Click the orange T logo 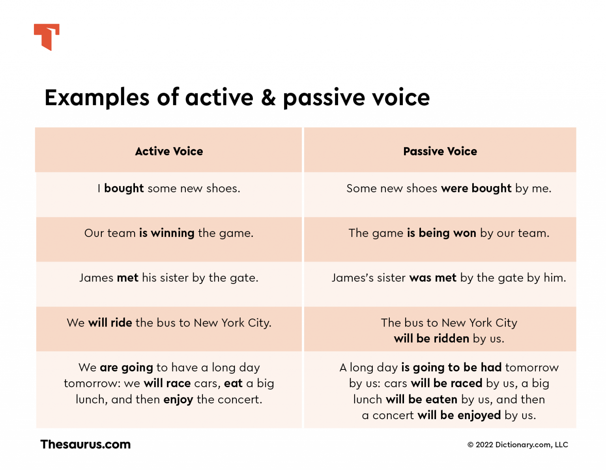click(x=47, y=37)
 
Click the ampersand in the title click(x=268, y=97)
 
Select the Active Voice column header click(x=169, y=151)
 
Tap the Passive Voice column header click(x=440, y=151)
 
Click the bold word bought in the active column click(x=124, y=188)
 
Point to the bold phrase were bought click(x=476, y=188)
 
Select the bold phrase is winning click(x=167, y=233)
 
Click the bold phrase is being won click(x=441, y=233)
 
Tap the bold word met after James click(x=128, y=278)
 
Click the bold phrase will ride click(x=110, y=323)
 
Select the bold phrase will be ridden click(x=431, y=338)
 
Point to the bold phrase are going click(x=126, y=367)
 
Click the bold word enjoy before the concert click(x=178, y=399)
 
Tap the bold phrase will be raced click(x=446, y=383)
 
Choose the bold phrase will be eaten click(x=421, y=399)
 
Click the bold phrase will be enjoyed click(x=459, y=415)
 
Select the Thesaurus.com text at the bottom click(x=85, y=444)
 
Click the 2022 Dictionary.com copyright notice click(x=518, y=445)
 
